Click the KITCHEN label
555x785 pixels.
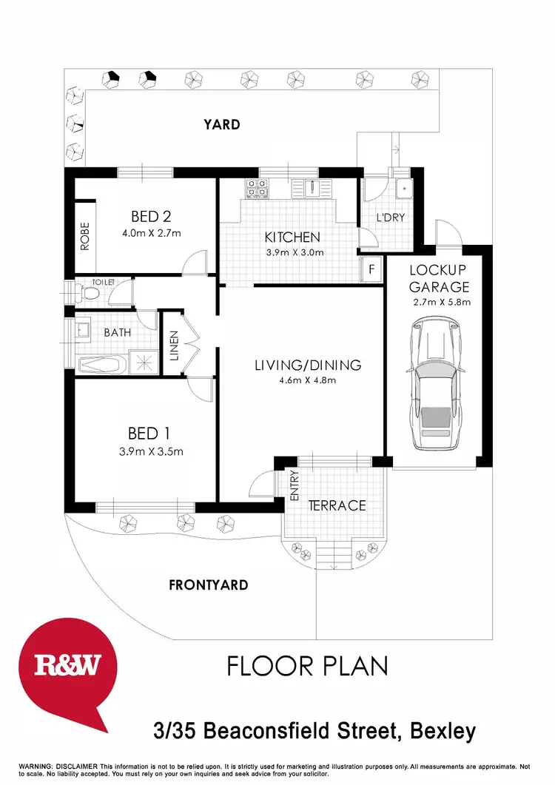(292, 237)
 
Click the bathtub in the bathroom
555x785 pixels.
(101, 363)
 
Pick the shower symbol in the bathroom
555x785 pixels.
(146, 362)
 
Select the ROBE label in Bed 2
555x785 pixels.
(85, 236)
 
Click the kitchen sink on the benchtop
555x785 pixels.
(312, 187)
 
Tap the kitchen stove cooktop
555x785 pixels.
(258, 188)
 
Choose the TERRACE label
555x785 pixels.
(337, 505)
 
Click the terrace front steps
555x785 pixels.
(334, 555)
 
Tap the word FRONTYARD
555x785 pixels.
(208, 584)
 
